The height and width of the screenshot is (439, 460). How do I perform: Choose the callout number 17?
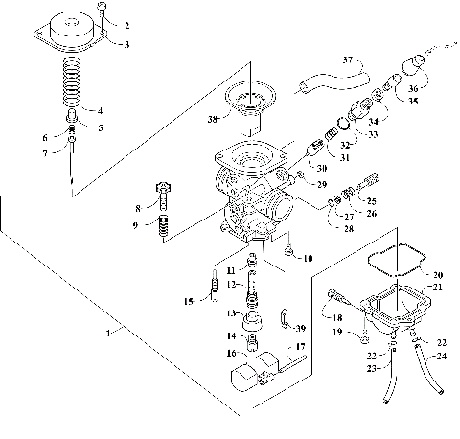coord(300,346)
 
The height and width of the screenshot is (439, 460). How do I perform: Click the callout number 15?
coord(189,301)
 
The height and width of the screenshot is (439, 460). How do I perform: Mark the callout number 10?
coord(307,259)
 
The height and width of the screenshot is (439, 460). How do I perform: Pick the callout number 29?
coord(322,183)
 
